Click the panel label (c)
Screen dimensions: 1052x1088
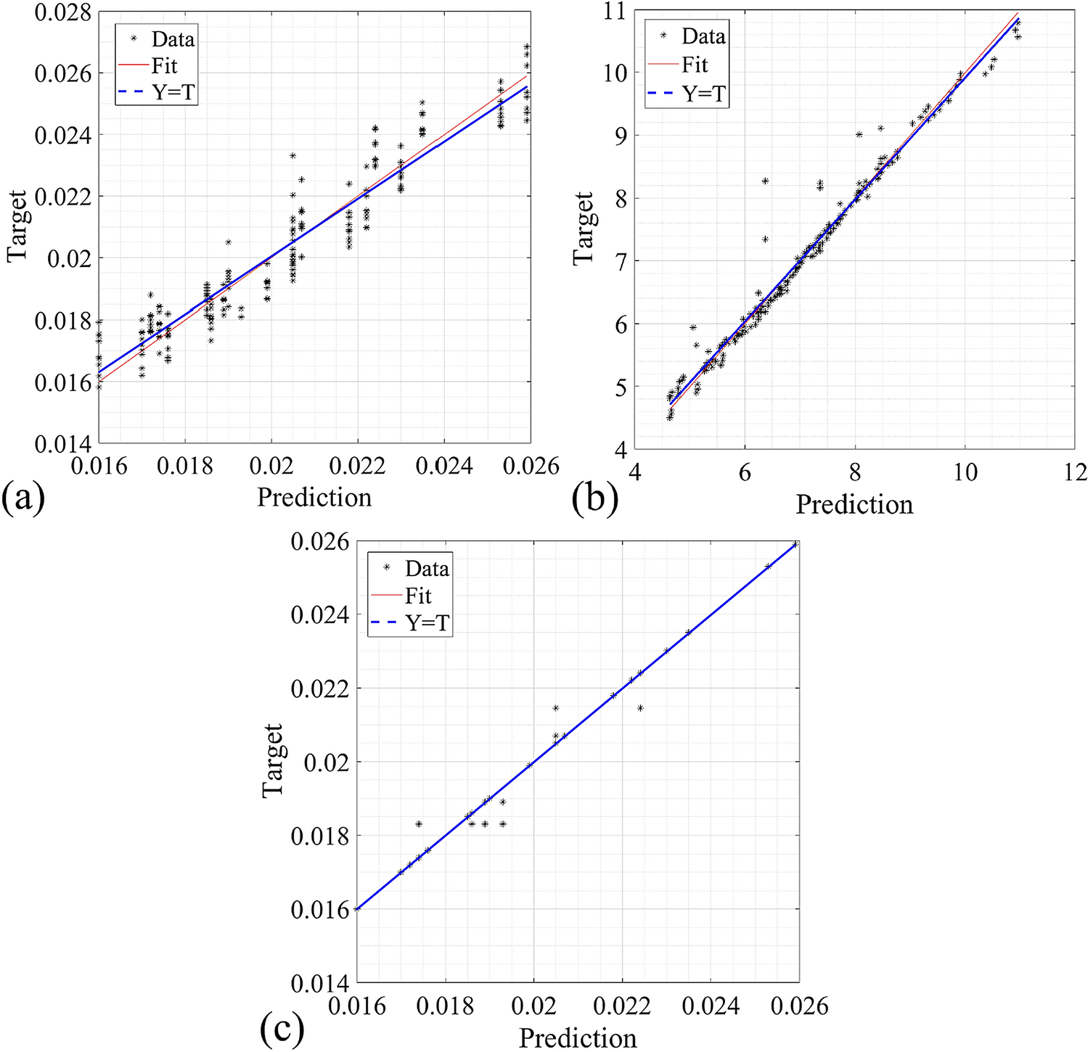(282, 1027)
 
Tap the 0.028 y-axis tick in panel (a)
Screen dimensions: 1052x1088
(63, 12)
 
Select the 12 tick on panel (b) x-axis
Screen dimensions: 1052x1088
(1075, 472)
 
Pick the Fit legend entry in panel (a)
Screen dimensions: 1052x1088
(164, 66)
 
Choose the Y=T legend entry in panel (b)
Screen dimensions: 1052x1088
(703, 94)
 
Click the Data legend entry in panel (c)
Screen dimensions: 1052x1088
(427, 568)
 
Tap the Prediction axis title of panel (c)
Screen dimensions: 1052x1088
(578, 1037)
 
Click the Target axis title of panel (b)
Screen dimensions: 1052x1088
(583, 229)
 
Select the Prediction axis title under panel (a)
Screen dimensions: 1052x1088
(314, 497)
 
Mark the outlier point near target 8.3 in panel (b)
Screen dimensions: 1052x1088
(765, 181)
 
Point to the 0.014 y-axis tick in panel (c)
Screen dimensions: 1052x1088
(319, 983)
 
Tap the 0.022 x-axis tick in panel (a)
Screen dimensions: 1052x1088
(357, 466)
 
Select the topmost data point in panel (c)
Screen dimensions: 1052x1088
(795, 543)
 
